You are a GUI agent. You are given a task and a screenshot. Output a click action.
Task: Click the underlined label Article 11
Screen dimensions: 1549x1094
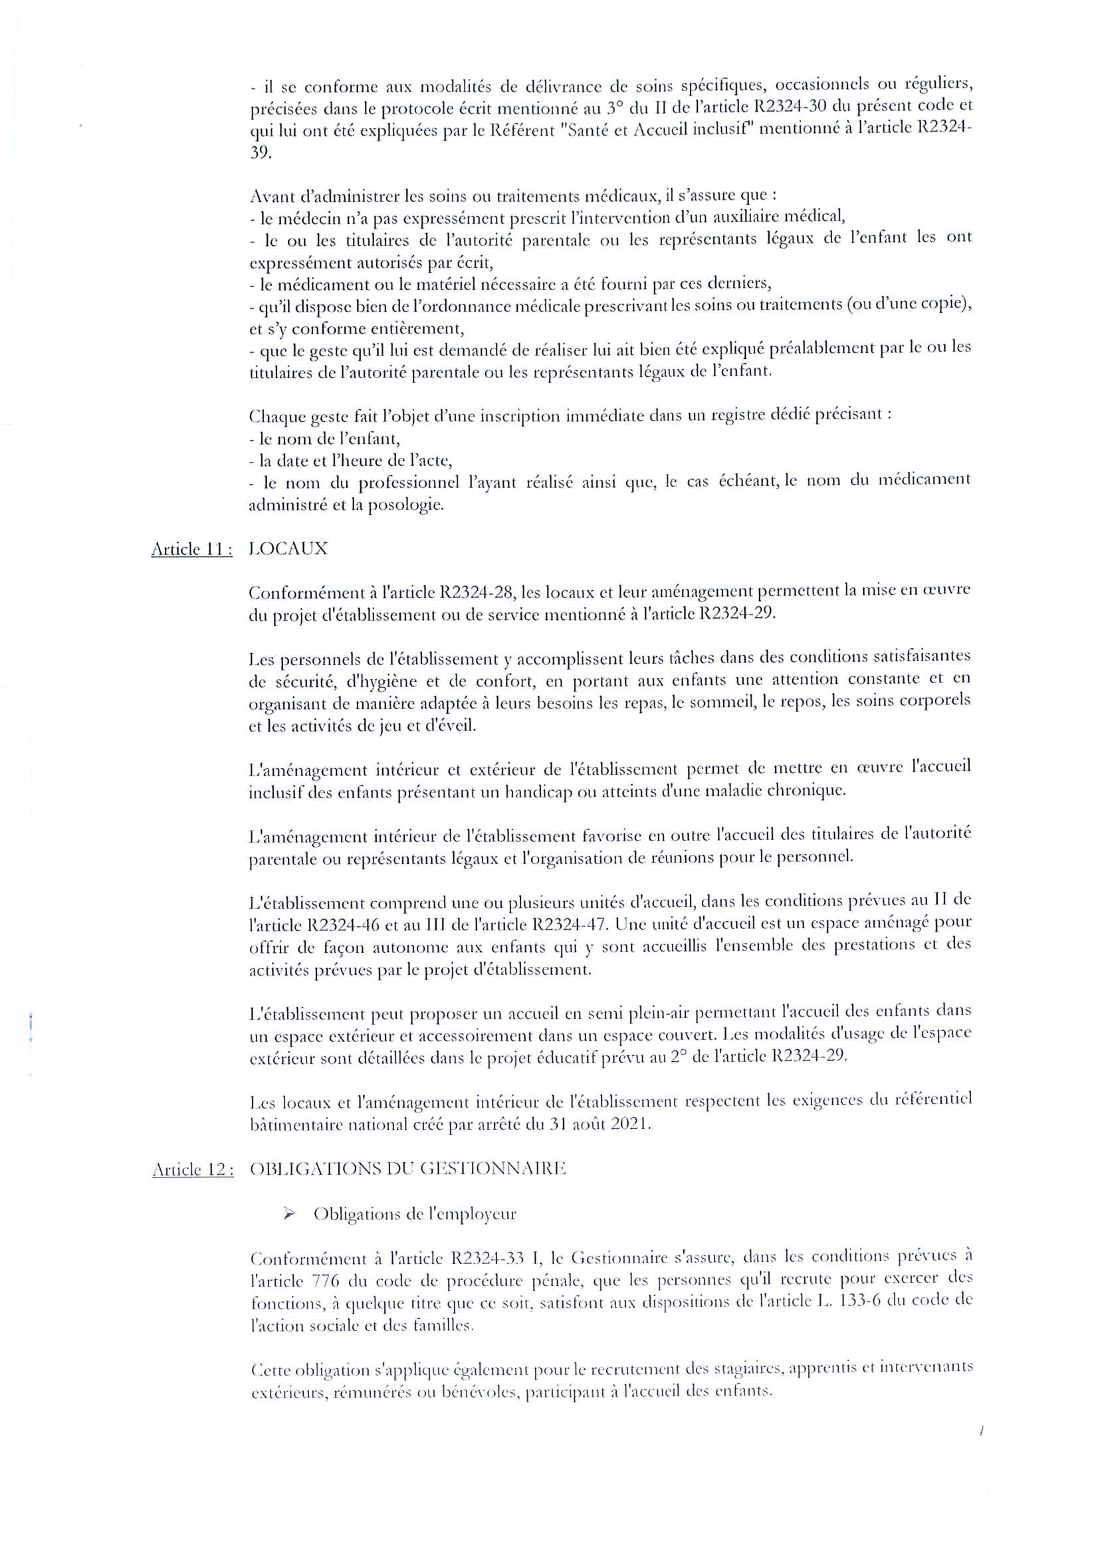(191, 549)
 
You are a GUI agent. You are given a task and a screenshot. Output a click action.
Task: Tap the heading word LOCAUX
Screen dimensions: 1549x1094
(288, 548)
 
